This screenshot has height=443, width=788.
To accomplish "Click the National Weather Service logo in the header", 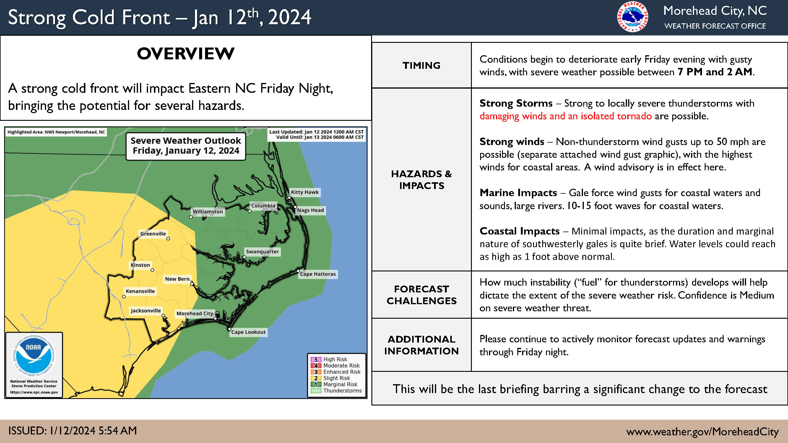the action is click(632, 17).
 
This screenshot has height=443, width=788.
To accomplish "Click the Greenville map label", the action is click(153, 234).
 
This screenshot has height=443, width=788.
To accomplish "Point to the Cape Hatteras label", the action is click(318, 274).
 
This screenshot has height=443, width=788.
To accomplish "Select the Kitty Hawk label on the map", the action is click(305, 192).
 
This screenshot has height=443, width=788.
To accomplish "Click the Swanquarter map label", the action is click(262, 252).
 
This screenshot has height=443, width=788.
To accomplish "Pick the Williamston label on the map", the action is click(208, 211).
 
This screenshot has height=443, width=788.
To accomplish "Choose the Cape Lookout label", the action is click(248, 332).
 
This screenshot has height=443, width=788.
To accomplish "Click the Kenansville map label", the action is click(140, 291).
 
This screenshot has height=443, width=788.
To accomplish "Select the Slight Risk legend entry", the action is click(330, 378).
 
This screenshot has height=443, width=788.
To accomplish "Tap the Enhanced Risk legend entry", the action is click(336, 372).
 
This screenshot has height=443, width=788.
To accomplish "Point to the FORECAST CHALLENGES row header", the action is click(422, 295).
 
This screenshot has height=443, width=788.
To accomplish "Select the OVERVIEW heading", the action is click(186, 54).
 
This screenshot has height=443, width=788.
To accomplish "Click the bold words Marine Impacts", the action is click(518, 193).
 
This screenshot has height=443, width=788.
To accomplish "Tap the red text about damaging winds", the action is click(566, 116).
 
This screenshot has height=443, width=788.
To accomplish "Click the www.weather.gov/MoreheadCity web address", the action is click(702, 431).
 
